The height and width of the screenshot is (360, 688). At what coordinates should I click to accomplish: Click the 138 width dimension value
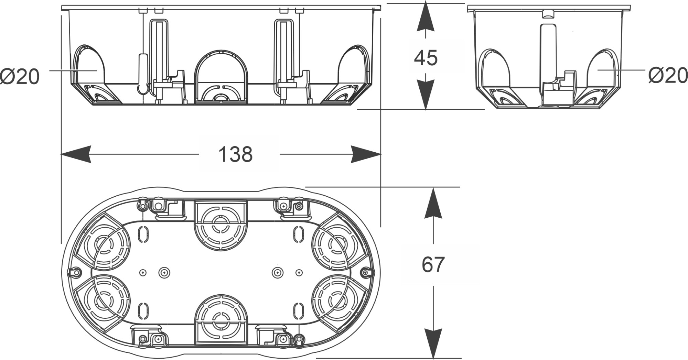coord(236,154)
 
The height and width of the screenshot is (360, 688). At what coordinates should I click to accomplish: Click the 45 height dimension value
coord(426,58)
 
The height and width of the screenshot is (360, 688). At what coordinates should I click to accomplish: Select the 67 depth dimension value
coord(433,264)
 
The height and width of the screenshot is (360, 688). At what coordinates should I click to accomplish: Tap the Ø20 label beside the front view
coord(20,76)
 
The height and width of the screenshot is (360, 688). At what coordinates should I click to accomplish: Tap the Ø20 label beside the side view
coord(668,75)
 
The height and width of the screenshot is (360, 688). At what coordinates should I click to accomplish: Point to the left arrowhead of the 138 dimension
coord(76,154)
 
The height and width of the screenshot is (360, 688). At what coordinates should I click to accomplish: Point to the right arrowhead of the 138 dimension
coord(366,154)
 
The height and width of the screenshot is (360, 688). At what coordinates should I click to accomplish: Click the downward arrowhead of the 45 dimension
coord(426,95)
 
